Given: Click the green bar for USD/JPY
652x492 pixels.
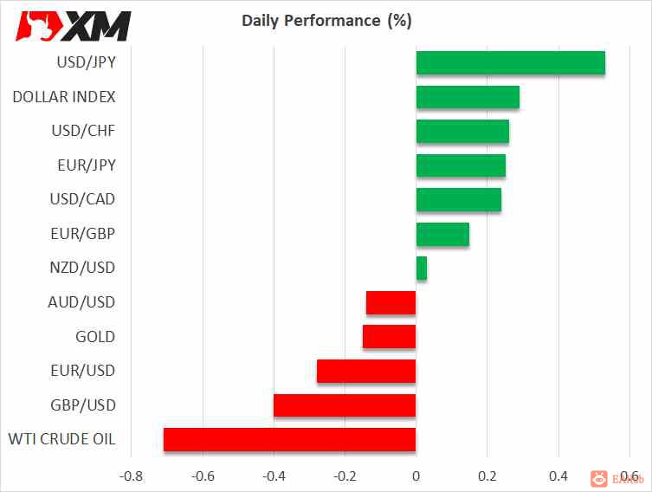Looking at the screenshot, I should tap(510, 63).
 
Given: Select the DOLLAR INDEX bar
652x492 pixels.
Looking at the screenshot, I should tap(468, 97).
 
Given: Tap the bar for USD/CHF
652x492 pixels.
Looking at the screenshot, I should tap(462, 132).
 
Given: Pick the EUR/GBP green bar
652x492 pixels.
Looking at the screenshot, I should tap(442, 234).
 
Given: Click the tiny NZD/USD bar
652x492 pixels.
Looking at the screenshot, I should tap(422, 269).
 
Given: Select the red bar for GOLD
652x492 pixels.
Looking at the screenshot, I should tap(389, 337).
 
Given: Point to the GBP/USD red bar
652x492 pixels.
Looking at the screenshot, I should tap(345, 405).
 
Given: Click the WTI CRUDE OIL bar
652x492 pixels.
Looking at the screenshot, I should tap(289, 440).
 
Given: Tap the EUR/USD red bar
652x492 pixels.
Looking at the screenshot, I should tap(366, 372).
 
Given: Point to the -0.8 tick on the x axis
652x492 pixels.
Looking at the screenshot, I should tap(131, 476).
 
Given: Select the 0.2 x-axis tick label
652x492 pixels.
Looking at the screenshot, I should tap(487, 476).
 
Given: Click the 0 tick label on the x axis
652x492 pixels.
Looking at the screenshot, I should tap(416, 476).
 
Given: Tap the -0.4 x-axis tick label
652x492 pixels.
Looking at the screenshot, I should tap(274, 476).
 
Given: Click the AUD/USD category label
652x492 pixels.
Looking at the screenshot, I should tap(81, 302).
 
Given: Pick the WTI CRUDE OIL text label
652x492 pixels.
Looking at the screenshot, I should tap(61, 439).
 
